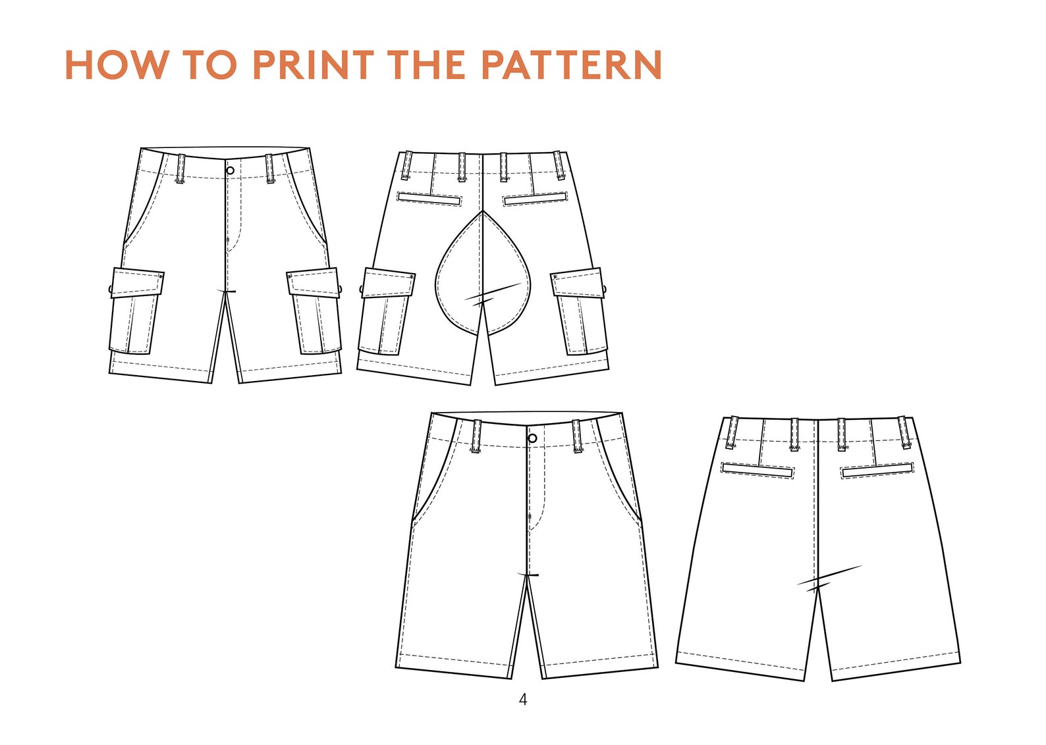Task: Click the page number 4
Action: click(x=523, y=700)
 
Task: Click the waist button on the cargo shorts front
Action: click(x=230, y=170)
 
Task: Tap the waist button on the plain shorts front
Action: click(x=532, y=438)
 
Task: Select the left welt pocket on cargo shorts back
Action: click(x=429, y=198)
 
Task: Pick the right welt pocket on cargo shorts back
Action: click(x=535, y=198)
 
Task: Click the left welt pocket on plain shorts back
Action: click(x=757, y=470)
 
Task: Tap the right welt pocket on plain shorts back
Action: click(x=877, y=470)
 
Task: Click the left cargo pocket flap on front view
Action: click(x=137, y=282)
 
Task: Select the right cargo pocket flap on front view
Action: click(x=314, y=282)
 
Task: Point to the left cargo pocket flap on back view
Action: click(x=389, y=282)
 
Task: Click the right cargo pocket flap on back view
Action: click(x=578, y=282)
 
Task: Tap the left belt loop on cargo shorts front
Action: click(x=180, y=168)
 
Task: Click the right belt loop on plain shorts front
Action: click(x=577, y=436)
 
